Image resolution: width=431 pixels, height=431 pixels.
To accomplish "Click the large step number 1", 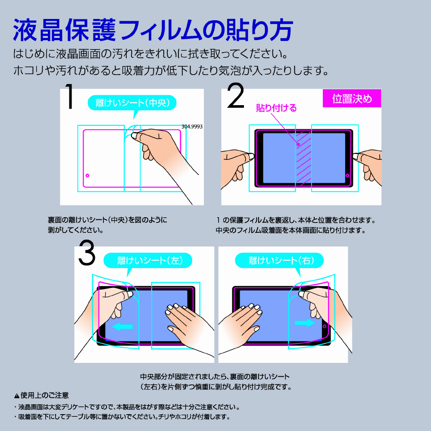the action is tap(70, 96).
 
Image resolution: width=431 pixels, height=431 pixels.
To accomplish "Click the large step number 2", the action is tap(236, 96).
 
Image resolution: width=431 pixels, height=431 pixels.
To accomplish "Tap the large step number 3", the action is tap(87, 253).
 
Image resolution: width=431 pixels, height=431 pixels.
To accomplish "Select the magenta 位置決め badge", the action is tap(352, 98).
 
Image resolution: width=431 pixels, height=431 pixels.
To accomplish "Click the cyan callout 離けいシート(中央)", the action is tap(132, 103).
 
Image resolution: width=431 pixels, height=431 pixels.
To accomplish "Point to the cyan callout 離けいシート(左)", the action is tap(148, 260).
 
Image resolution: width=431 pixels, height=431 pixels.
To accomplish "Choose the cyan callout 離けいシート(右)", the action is tap(279, 260).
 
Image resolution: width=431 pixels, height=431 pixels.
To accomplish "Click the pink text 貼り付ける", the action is tap(276, 108).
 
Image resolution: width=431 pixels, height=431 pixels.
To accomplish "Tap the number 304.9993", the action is tap(192, 126).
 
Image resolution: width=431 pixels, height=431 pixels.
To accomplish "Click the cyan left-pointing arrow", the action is tap(122, 327).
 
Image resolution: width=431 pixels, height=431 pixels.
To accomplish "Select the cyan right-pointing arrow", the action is tap(305, 323).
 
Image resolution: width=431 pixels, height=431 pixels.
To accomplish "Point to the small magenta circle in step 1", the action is tap(87, 175).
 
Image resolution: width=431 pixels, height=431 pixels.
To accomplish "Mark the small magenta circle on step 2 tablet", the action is tap(347, 175).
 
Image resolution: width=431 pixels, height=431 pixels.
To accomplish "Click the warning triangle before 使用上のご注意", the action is tap(17, 396).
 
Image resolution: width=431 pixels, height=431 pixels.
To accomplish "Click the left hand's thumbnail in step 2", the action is tap(251, 156).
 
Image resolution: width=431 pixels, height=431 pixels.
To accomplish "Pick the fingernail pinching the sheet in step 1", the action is tap(134, 135).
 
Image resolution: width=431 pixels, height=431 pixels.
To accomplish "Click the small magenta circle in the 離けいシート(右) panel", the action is tap(325, 326).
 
